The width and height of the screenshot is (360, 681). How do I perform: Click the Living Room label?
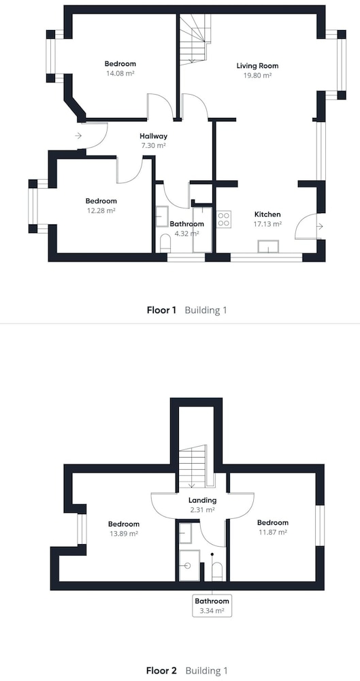[257, 66]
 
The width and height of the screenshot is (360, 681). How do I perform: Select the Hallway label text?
[154, 136]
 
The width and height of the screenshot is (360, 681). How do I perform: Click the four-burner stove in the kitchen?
[224, 219]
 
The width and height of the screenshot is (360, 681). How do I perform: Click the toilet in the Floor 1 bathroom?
[165, 243]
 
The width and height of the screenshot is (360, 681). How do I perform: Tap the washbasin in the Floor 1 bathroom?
[162, 217]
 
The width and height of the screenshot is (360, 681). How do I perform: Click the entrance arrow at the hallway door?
[78, 136]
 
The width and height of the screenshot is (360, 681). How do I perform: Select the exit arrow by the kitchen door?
[320, 226]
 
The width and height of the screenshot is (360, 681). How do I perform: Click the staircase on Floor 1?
[195, 39]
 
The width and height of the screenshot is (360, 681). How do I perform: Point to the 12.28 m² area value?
[101, 210]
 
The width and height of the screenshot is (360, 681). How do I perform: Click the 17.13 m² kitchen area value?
[267, 224]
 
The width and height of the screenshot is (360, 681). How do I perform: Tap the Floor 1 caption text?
[161, 310]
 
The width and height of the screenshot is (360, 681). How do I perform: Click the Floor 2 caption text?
[161, 671]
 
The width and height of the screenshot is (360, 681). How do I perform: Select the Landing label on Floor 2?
[203, 501]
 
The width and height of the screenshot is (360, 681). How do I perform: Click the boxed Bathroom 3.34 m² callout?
[212, 605]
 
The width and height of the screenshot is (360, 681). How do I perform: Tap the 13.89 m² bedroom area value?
[124, 533]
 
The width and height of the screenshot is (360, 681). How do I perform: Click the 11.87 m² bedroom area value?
[272, 532]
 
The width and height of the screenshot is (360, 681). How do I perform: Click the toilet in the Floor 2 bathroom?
[216, 571]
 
